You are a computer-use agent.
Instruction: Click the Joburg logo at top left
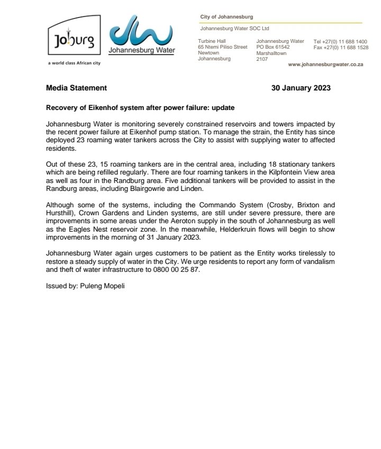pyautogui.click(x=74, y=40)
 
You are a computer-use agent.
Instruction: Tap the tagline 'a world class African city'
pyautogui.click(x=74, y=63)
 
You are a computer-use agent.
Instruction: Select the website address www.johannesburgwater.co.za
pyautogui.click(x=325, y=64)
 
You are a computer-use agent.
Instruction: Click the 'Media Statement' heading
pyautogui.click(x=76, y=88)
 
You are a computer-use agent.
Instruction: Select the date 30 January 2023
pyautogui.click(x=301, y=88)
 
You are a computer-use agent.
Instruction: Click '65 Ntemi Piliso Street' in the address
pyautogui.click(x=222, y=47)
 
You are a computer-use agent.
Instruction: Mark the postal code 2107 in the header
pyautogui.click(x=262, y=59)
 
